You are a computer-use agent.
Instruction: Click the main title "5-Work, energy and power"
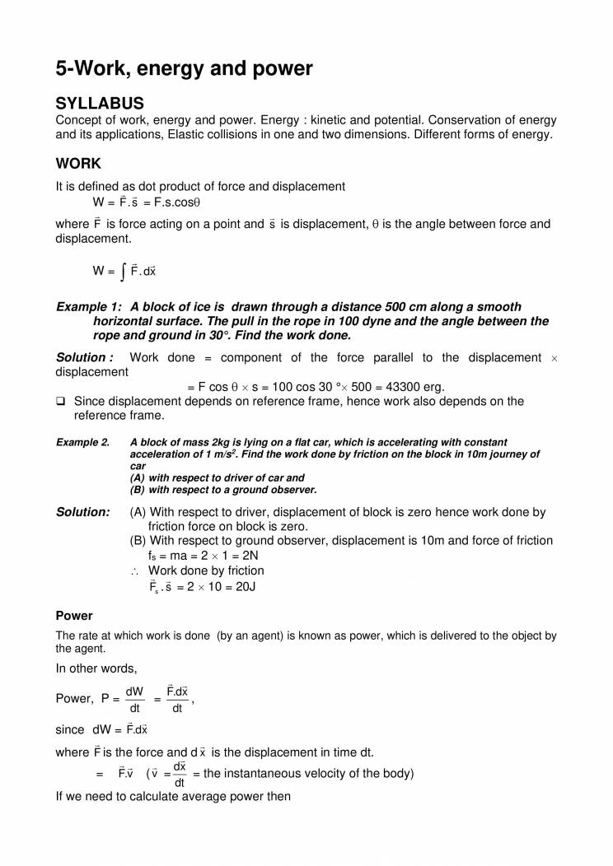(x=184, y=68)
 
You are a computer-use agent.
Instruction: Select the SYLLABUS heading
(x=100, y=103)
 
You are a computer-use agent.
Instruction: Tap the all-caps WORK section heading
(x=78, y=164)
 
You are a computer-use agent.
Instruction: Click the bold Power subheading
(x=74, y=616)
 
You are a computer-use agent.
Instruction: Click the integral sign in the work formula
(x=122, y=270)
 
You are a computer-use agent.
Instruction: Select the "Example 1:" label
(x=87, y=307)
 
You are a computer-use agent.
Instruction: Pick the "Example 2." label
(x=82, y=443)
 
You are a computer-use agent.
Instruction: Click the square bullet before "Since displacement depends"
(x=61, y=402)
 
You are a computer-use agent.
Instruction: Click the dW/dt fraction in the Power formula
(x=135, y=699)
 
